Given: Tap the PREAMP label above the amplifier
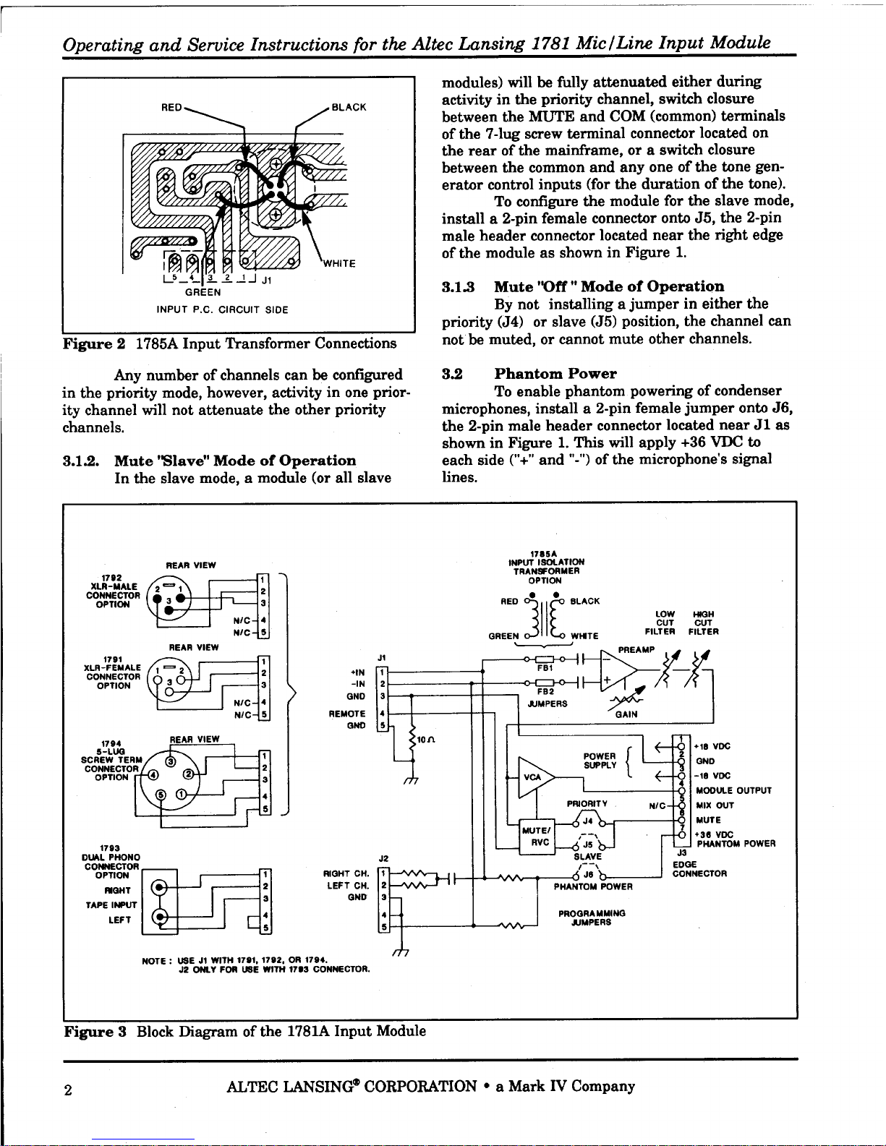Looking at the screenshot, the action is [x=636, y=650].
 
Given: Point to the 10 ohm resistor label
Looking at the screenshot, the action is [x=425, y=740].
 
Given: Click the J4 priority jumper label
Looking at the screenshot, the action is [x=587, y=821].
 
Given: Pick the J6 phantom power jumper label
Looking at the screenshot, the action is [x=589, y=874].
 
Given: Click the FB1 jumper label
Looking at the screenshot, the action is [x=545, y=667].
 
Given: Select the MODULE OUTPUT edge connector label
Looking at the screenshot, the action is [x=733, y=790].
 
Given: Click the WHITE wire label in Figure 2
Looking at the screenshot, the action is [x=339, y=264].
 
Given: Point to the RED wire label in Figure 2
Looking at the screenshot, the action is [x=171, y=108].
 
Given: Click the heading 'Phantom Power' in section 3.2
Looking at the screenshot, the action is [x=555, y=374].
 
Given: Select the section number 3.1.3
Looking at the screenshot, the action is [x=458, y=287].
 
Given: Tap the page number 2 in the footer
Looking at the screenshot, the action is [x=68, y=1090].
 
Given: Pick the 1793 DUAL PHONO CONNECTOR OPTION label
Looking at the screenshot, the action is [x=111, y=862].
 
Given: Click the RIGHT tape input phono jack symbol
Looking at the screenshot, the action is [x=158, y=889].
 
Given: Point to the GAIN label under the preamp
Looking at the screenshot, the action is [x=626, y=714].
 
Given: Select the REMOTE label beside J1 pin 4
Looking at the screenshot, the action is [x=347, y=714].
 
